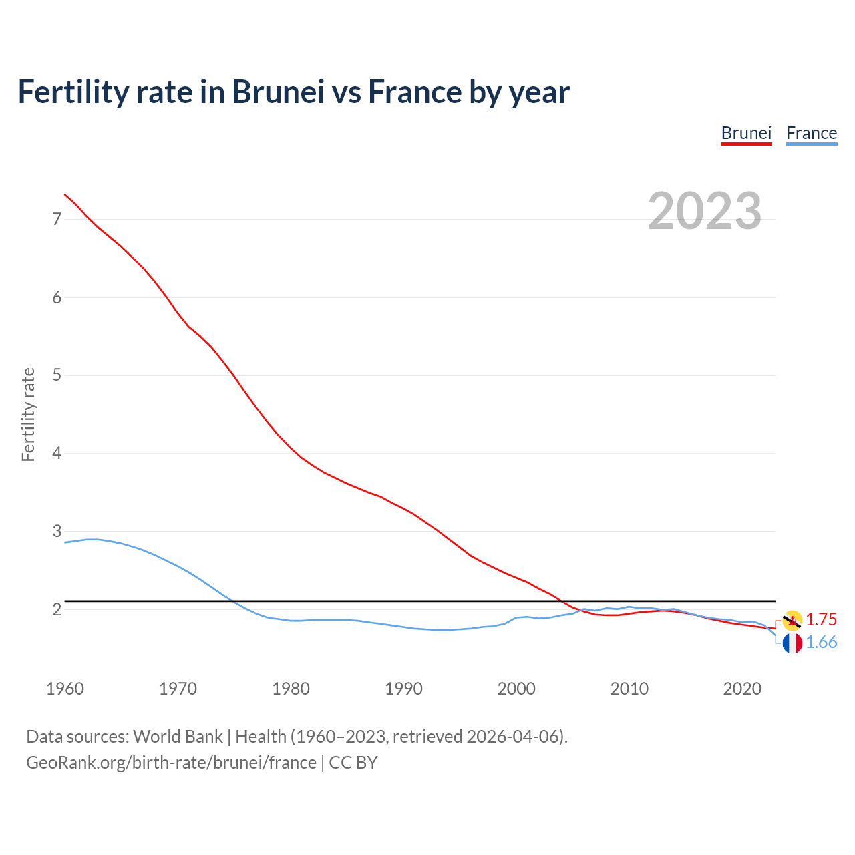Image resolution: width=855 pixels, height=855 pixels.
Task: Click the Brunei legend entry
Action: click(x=746, y=133)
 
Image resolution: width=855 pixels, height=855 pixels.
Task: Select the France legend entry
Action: click(x=811, y=133)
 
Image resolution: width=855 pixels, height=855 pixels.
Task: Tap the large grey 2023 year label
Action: click(x=704, y=211)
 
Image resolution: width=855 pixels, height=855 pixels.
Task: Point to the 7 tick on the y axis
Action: click(x=57, y=219)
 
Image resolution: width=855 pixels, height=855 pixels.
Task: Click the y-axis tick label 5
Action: click(x=57, y=375)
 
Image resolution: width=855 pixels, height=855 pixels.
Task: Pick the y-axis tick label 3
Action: click(x=57, y=532)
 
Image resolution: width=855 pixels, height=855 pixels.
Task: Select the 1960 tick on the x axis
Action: click(x=65, y=689)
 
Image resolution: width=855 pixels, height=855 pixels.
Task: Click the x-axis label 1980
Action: click(x=291, y=689)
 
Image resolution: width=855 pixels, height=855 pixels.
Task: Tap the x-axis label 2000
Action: click(x=516, y=689)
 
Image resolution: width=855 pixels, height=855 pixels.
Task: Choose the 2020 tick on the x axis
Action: click(x=742, y=689)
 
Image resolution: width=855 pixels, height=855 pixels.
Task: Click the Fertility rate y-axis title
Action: click(x=28, y=414)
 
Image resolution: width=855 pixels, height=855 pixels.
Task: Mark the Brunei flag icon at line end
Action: click(x=792, y=620)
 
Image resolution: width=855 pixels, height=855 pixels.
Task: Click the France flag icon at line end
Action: click(x=792, y=643)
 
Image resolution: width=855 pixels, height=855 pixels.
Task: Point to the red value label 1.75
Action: click(x=822, y=619)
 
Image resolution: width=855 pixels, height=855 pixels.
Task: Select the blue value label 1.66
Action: click(x=822, y=643)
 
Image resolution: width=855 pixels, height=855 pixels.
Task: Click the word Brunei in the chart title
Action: click(x=278, y=92)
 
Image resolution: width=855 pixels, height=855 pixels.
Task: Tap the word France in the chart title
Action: click(x=414, y=92)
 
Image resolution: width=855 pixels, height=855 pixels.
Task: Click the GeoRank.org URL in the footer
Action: click(x=171, y=763)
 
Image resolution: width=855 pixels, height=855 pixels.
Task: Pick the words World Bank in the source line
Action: click(x=178, y=737)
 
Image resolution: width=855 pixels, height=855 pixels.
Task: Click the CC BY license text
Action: click(x=353, y=763)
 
